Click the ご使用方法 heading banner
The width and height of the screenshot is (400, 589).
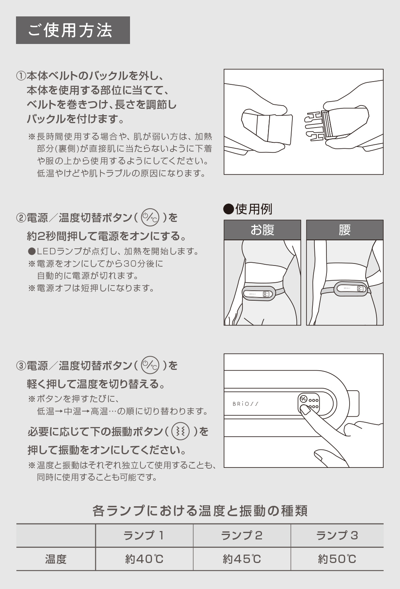click(x=73, y=30)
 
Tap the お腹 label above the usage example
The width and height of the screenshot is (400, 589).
click(x=262, y=230)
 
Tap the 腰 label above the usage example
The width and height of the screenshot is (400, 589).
click(x=344, y=230)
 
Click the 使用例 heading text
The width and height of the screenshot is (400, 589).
click(x=254, y=209)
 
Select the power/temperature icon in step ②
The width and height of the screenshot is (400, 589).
click(x=150, y=217)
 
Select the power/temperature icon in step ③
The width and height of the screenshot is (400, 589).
click(x=150, y=365)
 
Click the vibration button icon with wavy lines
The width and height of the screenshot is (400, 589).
click(x=180, y=431)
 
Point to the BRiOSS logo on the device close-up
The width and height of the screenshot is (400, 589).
click(x=245, y=403)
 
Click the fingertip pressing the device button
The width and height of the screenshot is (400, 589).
click(x=305, y=409)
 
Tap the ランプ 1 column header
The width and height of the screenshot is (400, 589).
click(x=144, y=535)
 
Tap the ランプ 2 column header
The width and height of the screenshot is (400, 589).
click(x=242, y=535)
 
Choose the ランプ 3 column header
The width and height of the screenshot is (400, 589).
click(x=337, y=535)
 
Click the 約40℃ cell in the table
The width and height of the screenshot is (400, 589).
click(x=144, y=559)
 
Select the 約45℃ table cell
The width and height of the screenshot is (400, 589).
click(x=242, y=559)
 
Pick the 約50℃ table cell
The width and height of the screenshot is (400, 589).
click(x=337, y=559)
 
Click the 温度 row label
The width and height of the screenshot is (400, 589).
click(x=56, y=559)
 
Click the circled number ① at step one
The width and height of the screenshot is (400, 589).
click(x=21, y=76)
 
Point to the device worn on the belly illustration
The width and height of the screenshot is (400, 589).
click(x=258, y=294)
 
